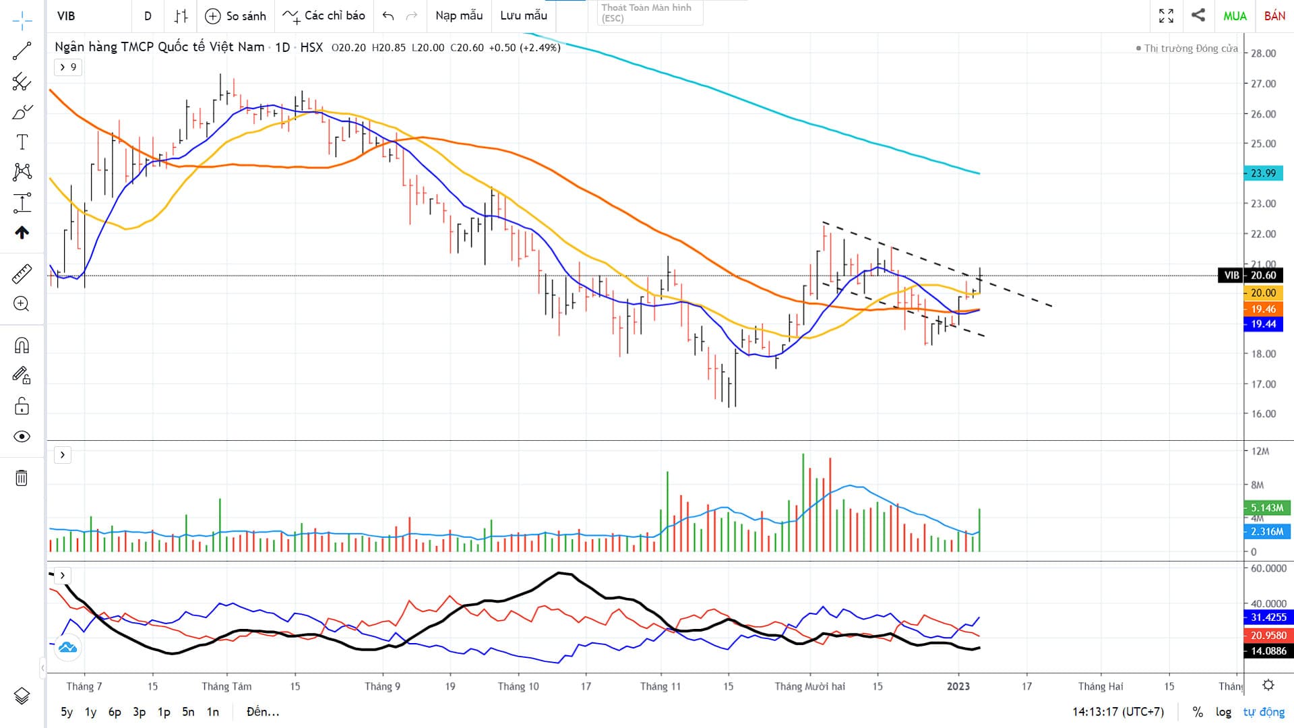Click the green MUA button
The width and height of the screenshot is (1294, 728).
point(1235,16)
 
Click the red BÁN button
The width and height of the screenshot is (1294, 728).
point(1274,16)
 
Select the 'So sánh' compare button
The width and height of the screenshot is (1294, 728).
point(236,16)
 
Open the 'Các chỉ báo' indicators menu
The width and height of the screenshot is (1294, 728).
point(324,16)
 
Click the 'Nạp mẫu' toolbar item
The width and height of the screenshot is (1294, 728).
point(459,16)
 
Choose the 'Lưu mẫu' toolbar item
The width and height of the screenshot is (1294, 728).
point(524,16)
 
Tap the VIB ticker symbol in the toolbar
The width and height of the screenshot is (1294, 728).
point(66,16)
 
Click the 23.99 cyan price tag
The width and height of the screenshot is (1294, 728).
point(1263,173)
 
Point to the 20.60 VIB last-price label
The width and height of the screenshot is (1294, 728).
point(1263,275)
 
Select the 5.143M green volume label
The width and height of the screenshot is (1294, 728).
point(1267,508)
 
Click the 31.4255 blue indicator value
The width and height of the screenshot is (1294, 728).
point(1268,617)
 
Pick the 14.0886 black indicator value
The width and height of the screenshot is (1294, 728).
point(1268,651)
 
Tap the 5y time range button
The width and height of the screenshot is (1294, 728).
point(67,712)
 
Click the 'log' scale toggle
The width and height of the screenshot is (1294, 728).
point(1223,712)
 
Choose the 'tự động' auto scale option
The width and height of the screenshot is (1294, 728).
point(1264,712)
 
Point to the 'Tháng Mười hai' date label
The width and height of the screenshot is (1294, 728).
point(809,686)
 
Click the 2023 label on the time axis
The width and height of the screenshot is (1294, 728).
point(958,686)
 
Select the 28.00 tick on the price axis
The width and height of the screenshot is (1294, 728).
point(1263,53)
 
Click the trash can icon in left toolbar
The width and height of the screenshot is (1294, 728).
point(22,478)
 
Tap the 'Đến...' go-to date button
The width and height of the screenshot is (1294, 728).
point(263,712)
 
